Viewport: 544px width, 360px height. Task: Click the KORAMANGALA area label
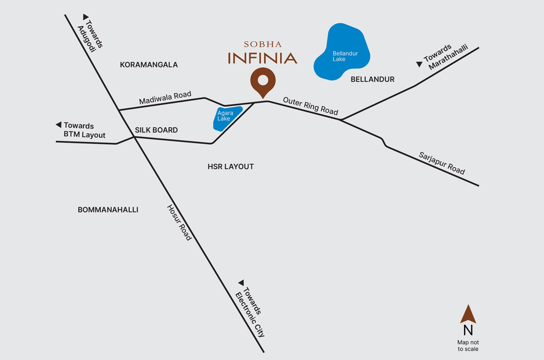click(148, 65)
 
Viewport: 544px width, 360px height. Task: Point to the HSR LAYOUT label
click(230, 166)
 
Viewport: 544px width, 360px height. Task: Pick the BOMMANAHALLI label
click(108, 209)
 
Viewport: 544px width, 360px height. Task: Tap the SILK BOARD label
click(156, 130)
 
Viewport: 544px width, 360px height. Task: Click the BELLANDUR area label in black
click(372, 79)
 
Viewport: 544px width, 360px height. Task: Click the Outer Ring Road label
click(310, 106)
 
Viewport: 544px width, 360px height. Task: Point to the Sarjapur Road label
click(442, 163)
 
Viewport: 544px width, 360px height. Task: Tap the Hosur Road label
click(179, 222)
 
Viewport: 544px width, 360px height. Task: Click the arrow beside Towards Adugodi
click(86, 17)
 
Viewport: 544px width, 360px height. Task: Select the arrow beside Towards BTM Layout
click(59, 125)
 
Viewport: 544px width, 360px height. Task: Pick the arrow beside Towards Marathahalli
click(419, 64)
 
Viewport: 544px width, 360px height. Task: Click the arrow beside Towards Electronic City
click(241, 283)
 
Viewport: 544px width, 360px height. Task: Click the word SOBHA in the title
click(263, 44)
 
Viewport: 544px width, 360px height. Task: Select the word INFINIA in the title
click(263, 58)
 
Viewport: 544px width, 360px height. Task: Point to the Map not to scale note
click(468, 345)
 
